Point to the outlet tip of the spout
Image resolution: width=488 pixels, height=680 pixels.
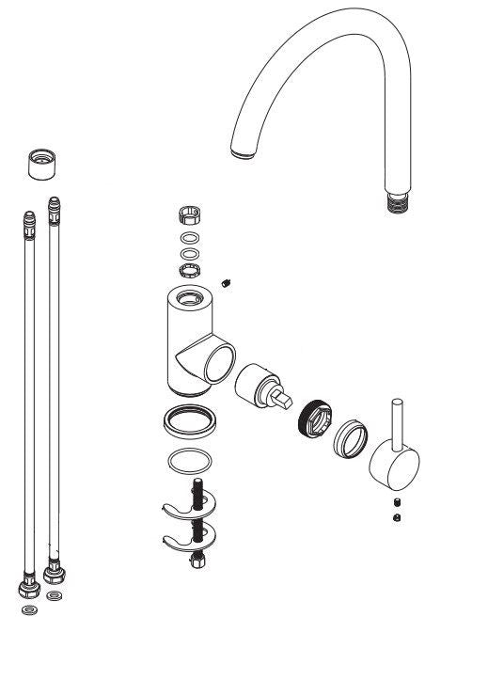(x=243, y=150)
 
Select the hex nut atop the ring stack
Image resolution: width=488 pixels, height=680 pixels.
(x=188, y=218)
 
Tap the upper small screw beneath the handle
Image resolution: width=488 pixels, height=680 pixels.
(x=396, y=500)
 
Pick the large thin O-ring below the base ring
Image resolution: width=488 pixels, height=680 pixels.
(x=188, y=463)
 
